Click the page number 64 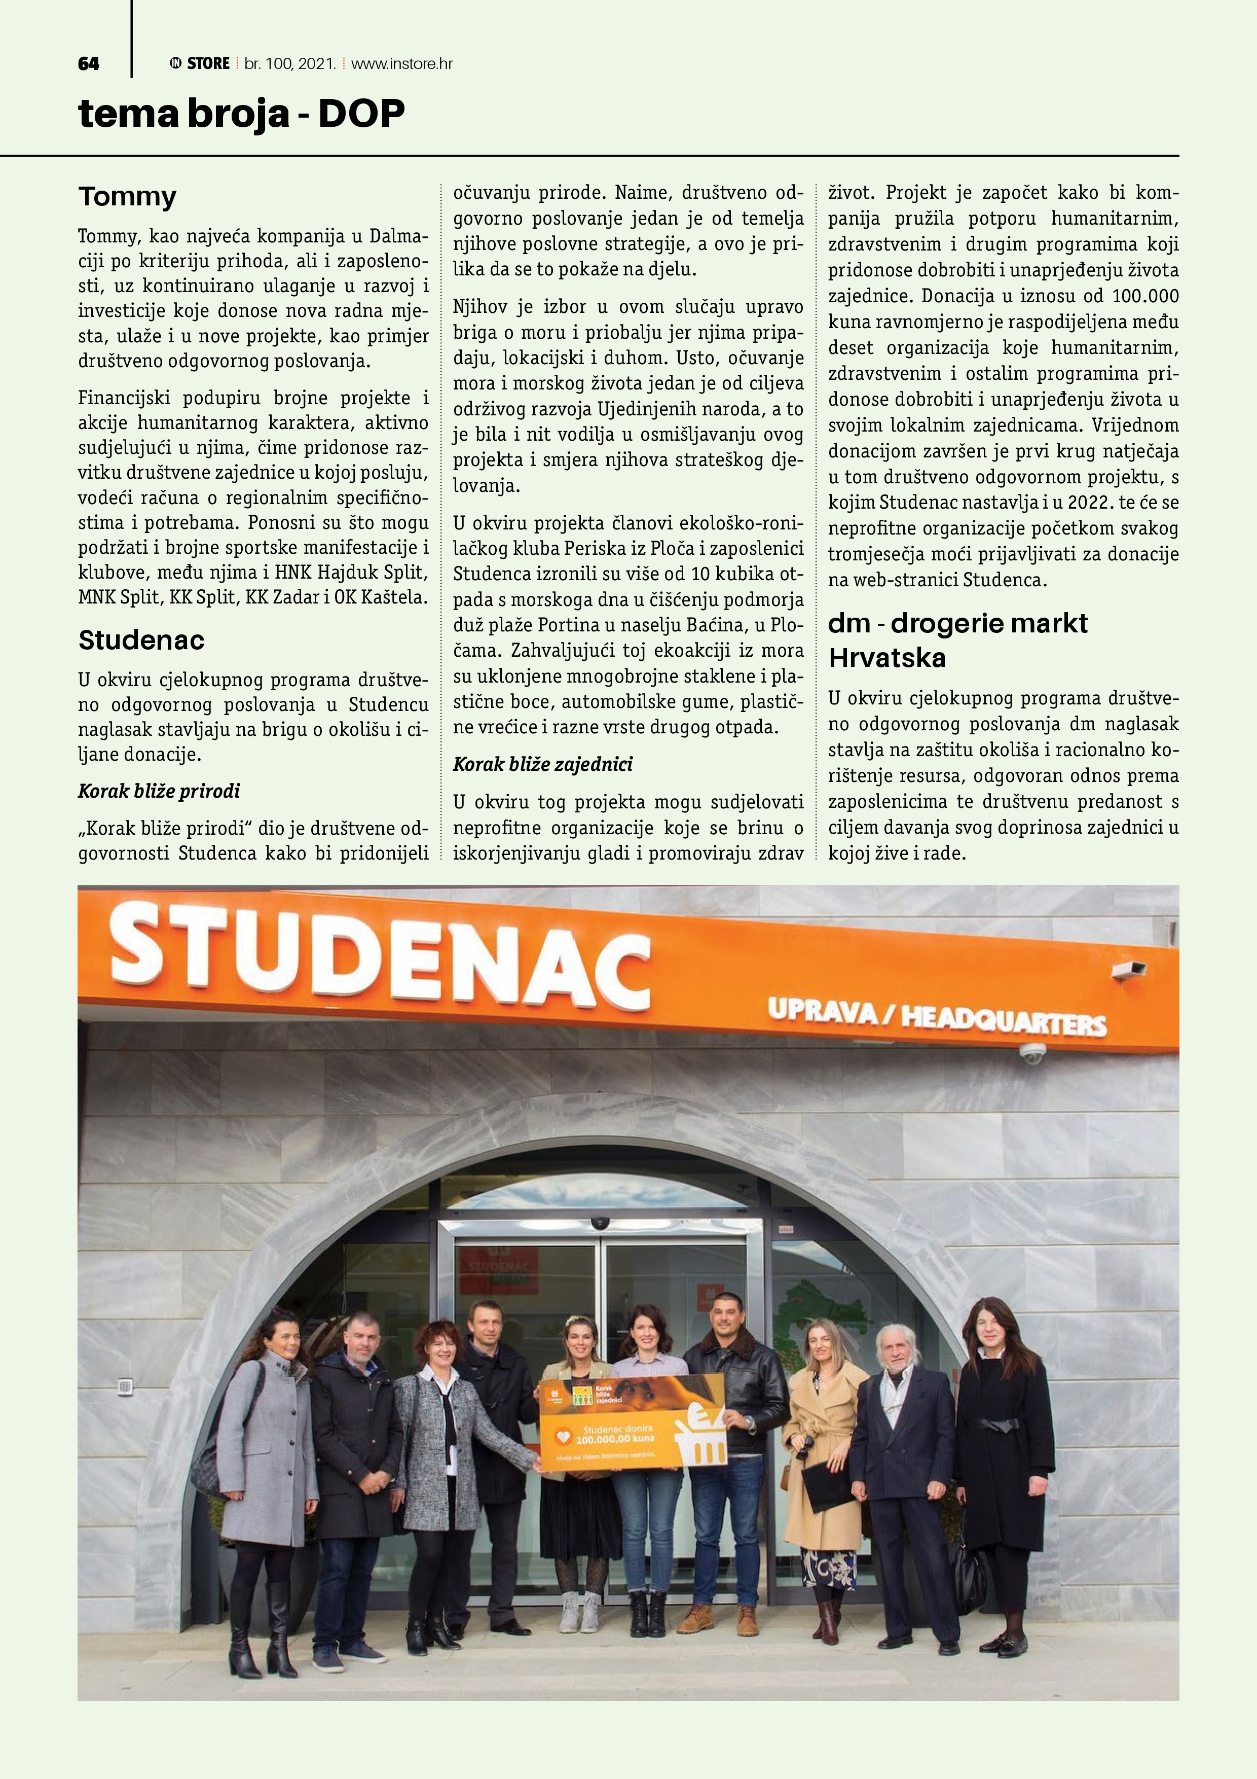88,63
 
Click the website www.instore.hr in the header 401,63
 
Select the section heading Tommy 127,197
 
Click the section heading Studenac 141,640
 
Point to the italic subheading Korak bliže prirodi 159,791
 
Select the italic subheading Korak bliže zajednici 542,765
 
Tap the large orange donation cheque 632,1422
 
